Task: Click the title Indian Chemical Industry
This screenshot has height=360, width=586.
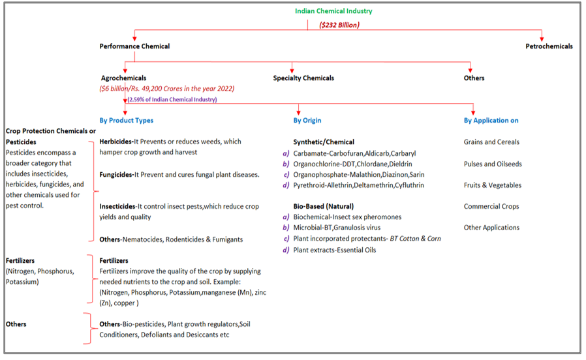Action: (x=333, y=11)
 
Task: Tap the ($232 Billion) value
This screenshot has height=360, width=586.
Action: (x=339, y=25)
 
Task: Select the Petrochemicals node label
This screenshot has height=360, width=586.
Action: (x=549, y=46)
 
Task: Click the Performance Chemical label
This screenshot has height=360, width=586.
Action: (x=134, y=46)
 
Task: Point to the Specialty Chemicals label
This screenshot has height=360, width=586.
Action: (x=303, y=78)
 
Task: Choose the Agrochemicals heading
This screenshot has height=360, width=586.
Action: (x=123, y=78)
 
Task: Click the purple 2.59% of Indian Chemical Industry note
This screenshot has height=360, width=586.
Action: (x=173, y=99)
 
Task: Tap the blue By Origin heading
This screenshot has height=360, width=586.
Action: (x=307, y=121)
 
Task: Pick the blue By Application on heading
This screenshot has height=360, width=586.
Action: (x=491, y=121)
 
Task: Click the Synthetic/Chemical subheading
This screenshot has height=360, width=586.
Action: (x=324, y=142)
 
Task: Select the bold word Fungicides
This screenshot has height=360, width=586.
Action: (x=116, y=174)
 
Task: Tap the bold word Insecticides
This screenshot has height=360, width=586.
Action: (x=118, y=206)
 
